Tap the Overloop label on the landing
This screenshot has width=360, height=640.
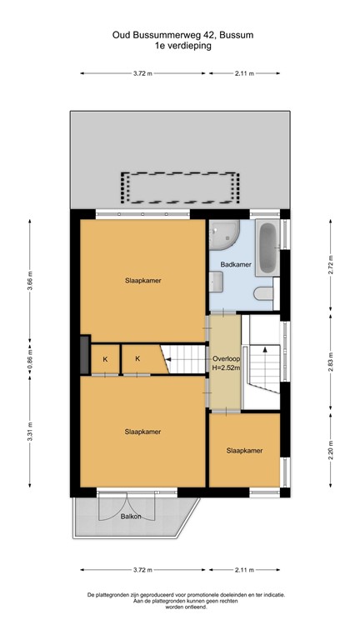tap(225, 359)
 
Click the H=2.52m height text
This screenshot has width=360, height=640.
tap(225, 369)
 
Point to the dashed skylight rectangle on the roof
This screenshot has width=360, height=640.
tap(180, 187)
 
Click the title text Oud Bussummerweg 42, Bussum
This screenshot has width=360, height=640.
tap(180, 36)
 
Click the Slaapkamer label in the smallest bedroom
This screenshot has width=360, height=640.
tap(244, 451)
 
